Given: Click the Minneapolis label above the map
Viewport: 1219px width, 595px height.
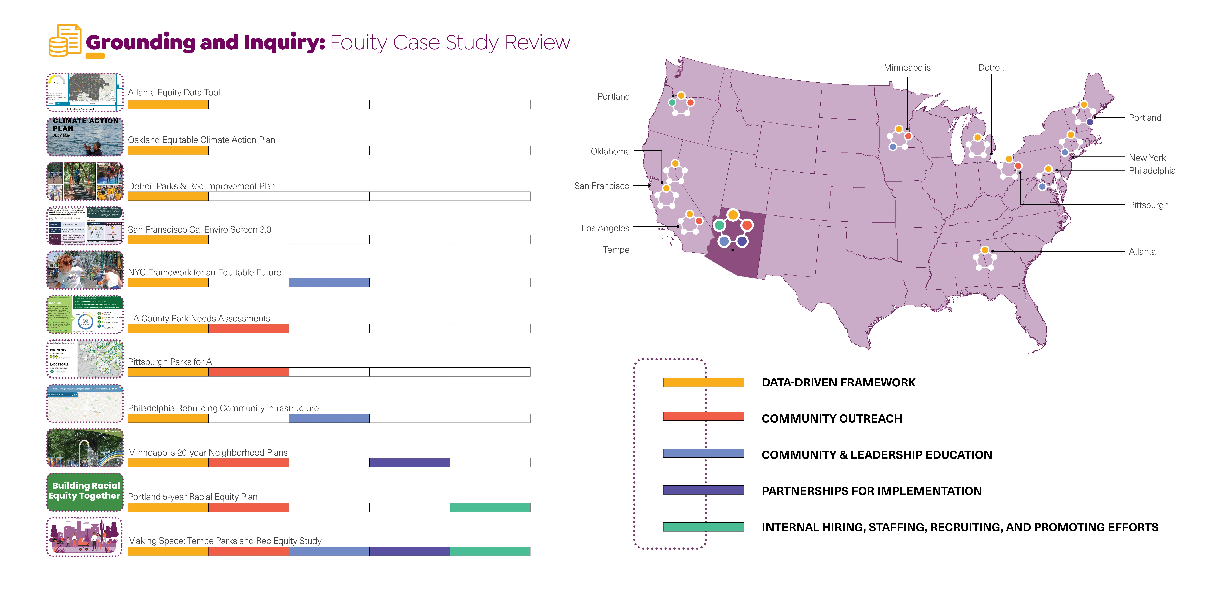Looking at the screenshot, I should pyautogui.click(x=907, y=68).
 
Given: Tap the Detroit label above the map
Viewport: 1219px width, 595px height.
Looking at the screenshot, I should pyautogui.click(x=991, y=68).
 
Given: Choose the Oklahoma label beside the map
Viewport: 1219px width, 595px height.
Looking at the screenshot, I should pyautogui.click(x=610, y=151).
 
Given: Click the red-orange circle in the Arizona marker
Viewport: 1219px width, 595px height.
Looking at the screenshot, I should pyautogui.click(x=747, y=225).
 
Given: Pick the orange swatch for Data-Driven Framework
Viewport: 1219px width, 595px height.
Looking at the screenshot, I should pyautogui.click(x=703, y=382).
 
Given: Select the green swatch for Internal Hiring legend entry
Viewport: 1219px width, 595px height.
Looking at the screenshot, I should pyautogui.click(x=703, y=527).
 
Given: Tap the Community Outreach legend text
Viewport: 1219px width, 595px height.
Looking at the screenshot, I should pyautogui.click(x=831, y=419).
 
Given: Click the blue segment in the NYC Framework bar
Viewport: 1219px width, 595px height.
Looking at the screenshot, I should pyautogui.click(x=329, y=283).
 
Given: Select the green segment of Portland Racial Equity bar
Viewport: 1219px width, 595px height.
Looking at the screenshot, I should pyautogui.click(x=490, y=507).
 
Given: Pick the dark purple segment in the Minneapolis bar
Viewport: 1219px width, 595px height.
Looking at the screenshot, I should pyautogui.click(x=409, y=463).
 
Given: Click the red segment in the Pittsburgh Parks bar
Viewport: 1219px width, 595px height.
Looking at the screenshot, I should pyautogui.click(x=249, y=372).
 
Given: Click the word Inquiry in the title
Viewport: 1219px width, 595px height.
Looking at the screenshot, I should pyautogui.click(x=284, y=43).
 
